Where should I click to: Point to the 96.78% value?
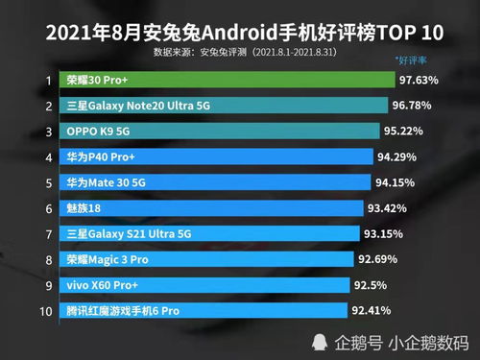point(413,105)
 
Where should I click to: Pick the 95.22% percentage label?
point(406,131)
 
